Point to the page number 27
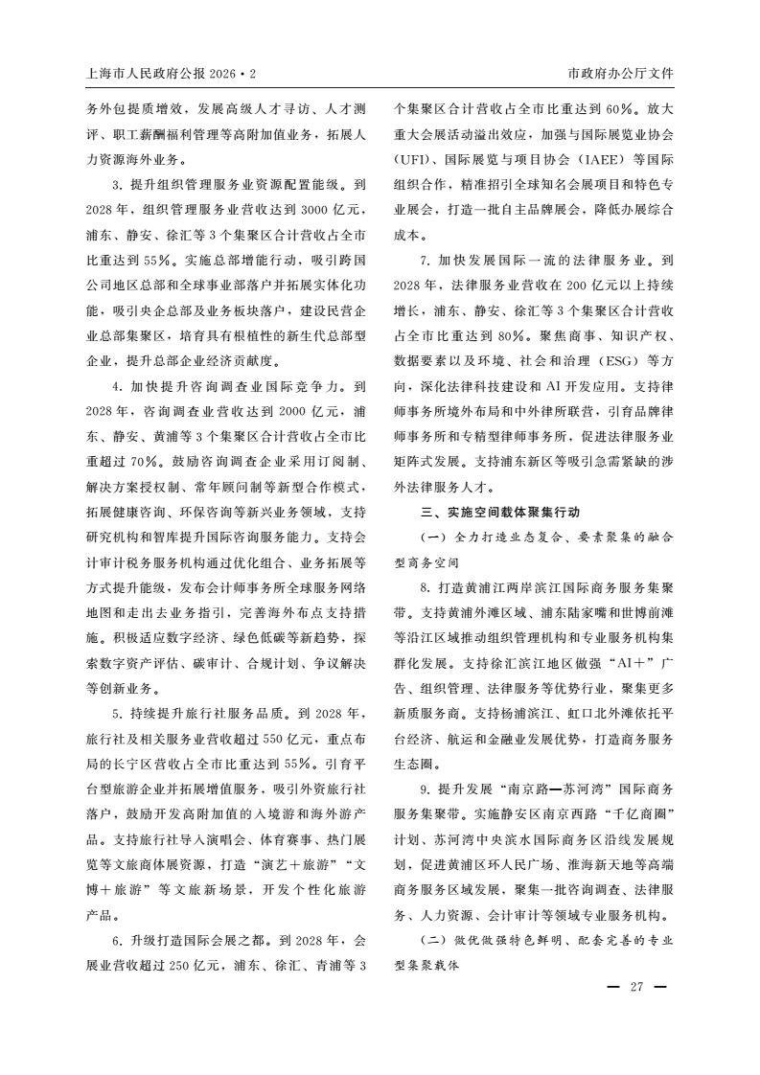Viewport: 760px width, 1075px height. pyautogui.click(x=635, y=989)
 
